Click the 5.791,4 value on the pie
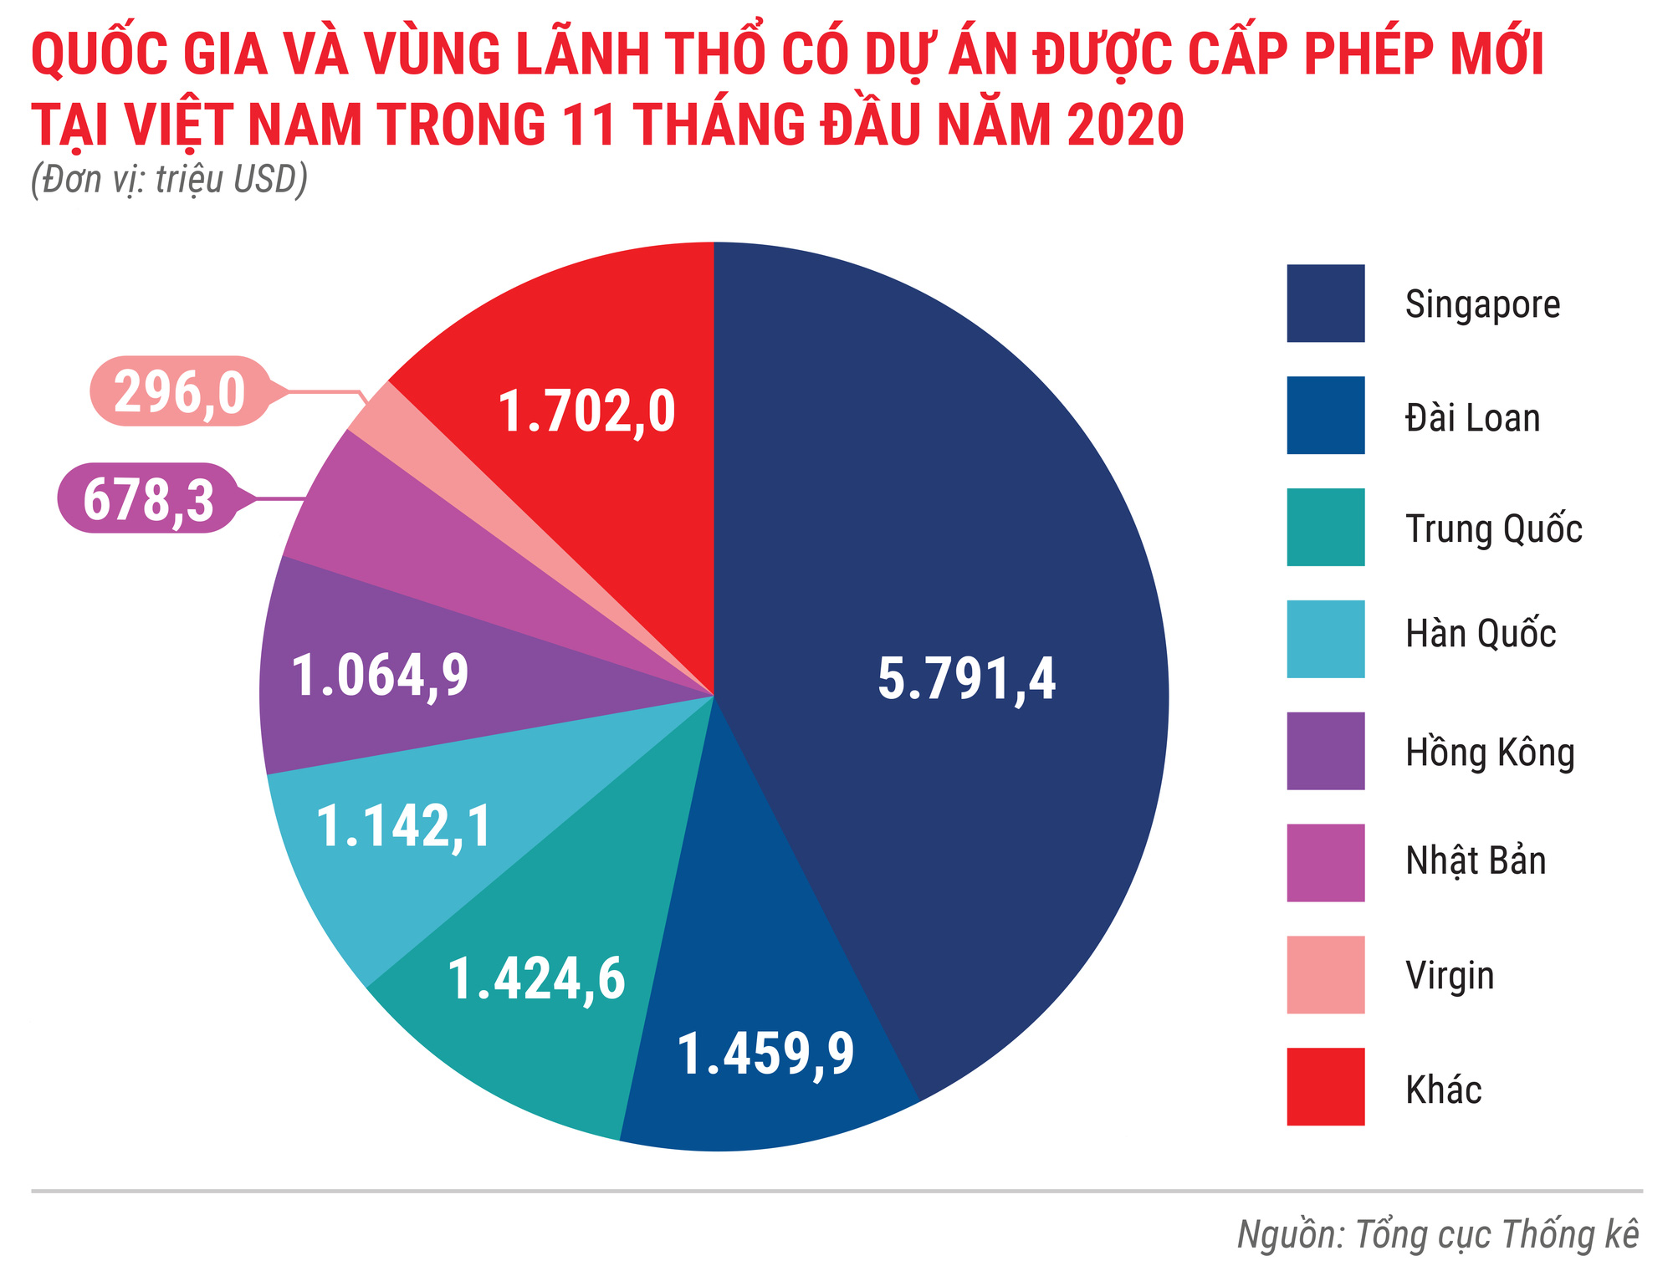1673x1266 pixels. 966,678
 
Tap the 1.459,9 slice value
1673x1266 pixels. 765,1054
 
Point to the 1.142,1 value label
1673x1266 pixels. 404,827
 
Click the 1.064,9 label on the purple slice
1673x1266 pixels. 381,676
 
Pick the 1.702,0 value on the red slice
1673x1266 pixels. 586,412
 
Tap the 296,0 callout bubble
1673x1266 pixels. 180,392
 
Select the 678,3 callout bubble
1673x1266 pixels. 148,499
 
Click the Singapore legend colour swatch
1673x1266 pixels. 1325,304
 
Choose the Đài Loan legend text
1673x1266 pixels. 1472,417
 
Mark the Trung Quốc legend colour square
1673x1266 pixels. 1325,528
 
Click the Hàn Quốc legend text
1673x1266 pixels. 1480,634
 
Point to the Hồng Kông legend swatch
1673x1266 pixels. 1325,751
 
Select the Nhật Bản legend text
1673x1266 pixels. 1476,862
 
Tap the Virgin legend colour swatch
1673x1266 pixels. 1325,975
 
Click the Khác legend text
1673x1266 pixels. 1443,1090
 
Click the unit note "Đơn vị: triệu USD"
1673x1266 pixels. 170,180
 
